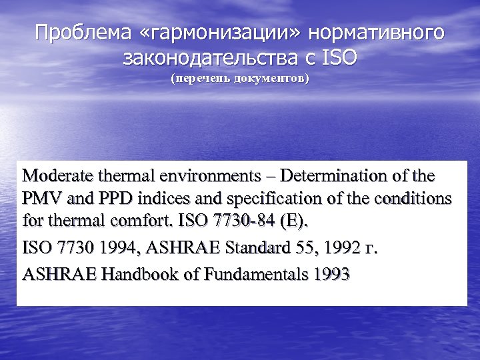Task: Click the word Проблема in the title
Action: pyautogui.click(x=73, y=33)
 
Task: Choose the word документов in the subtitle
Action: pyautogui.click(x=274, y=79)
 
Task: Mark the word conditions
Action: pyautogui.click(x=411, y=200)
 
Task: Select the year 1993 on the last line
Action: pyautogui.click(x=327, y=274)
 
